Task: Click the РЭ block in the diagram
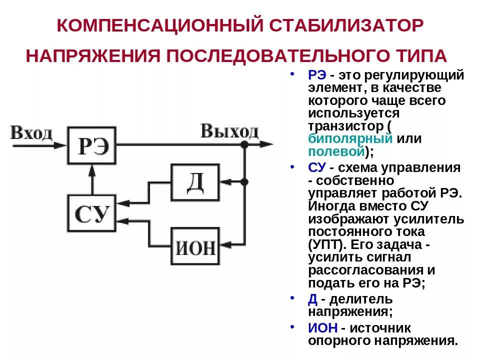pos(92,145)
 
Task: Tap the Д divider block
pos(195,182)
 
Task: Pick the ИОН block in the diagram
pos(195,246)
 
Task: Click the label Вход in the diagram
pos(31,133)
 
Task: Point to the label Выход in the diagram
pos(229,131)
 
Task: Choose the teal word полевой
pos(334,151)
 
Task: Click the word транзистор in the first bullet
pos(344,125)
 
